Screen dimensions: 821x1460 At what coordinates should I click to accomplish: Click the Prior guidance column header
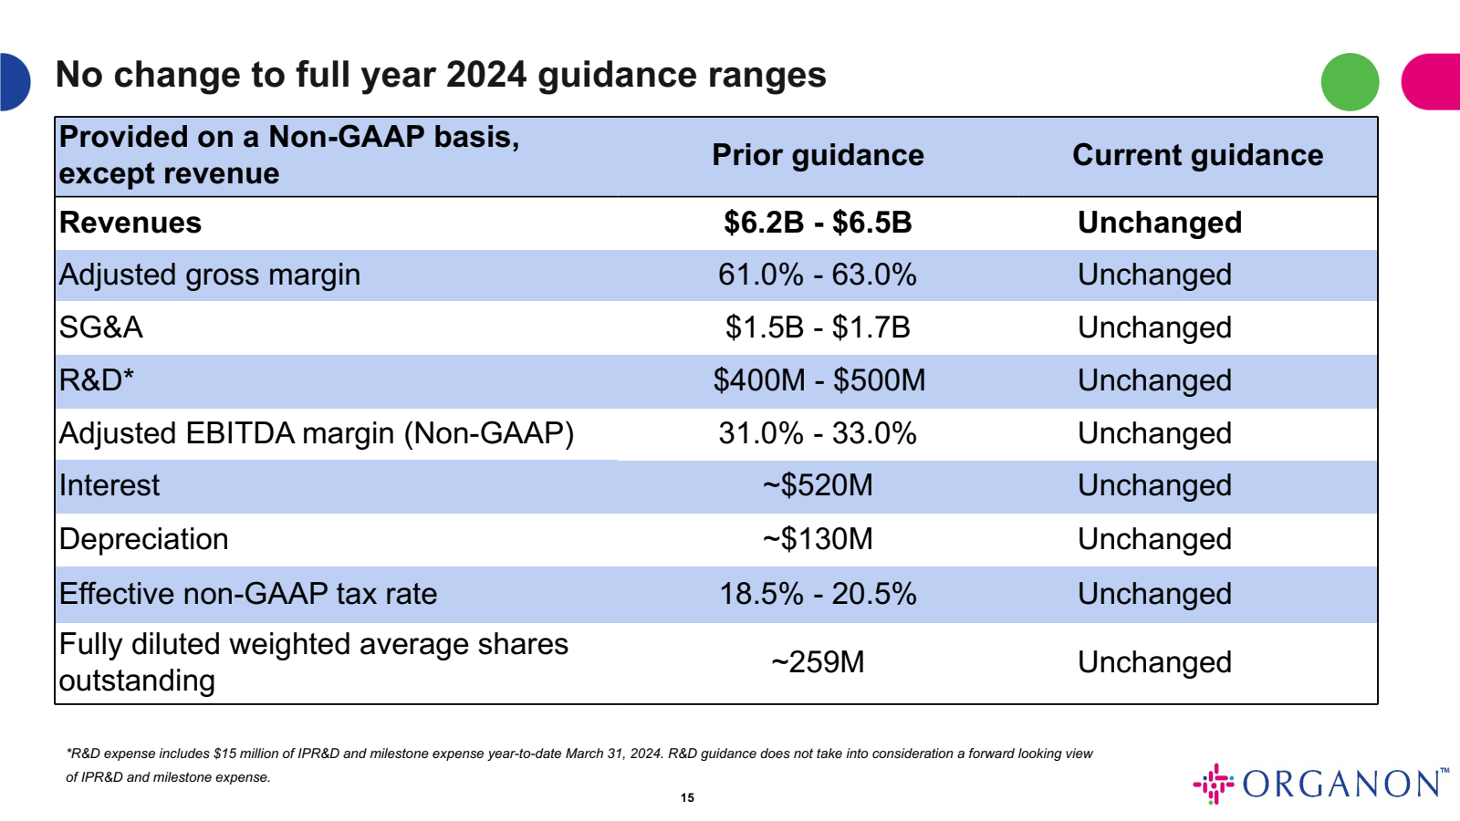[x=818, y=155]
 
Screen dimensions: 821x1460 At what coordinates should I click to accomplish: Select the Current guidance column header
[x=1197, y=155]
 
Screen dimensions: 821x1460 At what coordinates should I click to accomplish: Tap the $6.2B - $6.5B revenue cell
[x=818, y=223]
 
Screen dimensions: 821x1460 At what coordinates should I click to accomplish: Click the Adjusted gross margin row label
[x=210, y=275]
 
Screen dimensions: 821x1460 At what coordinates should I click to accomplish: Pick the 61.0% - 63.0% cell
[x=818, y=275]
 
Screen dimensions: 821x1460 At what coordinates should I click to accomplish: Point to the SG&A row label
[x=101, y=327]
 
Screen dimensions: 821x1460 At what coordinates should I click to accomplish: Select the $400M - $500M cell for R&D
[x=819, y=380]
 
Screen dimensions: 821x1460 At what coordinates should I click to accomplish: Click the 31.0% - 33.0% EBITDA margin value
[x=818, y=433]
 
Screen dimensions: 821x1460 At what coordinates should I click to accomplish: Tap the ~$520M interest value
[x=818, y=485]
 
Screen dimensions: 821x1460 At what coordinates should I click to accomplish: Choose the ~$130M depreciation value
[x=818, y=539]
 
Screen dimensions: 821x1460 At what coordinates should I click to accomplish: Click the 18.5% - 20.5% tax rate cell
[x=818, y=594]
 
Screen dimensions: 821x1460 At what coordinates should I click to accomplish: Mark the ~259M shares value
[x=818, y=662]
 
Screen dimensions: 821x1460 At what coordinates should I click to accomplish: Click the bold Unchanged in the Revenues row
[x=1159, y=223]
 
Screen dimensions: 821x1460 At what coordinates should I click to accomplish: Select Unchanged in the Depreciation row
[x=1154, y=539]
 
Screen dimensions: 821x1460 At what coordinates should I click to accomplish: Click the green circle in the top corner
[x=1350, y=82]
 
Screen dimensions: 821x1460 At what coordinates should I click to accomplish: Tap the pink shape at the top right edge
[x=1433, y=82]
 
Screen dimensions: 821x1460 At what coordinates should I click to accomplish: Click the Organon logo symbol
[x=1214, y=784]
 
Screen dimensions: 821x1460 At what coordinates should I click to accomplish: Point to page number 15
[x=687, y=797]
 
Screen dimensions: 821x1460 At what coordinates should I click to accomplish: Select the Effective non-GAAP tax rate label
[x=248, y=594]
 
